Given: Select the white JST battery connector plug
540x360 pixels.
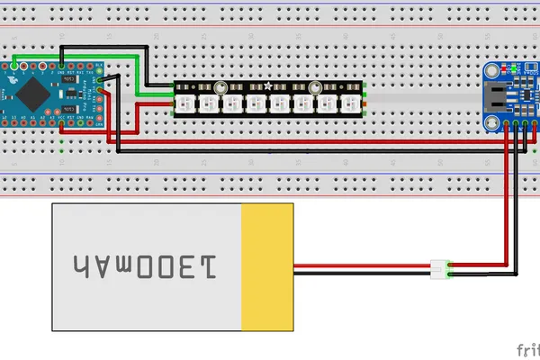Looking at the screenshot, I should [x=439, y=267].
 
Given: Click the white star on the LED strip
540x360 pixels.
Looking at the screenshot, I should [x=268, y=85].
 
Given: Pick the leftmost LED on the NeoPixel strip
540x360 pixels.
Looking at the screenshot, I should [x=186, y=100].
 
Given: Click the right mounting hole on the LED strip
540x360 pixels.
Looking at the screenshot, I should [x=316, y=87].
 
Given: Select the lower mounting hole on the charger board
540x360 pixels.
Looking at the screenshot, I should [x=492, y=117].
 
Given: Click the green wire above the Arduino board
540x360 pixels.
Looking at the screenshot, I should [x=99, y=58].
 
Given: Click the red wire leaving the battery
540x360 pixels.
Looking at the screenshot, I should [x=360, y=265].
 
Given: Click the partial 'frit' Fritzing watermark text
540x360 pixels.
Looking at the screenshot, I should [x=528, y=348].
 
